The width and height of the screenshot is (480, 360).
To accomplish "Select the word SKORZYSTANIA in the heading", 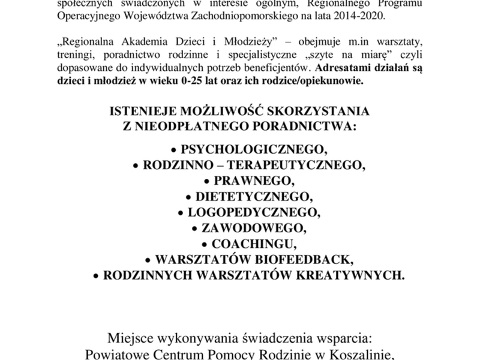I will (x=319, y=112).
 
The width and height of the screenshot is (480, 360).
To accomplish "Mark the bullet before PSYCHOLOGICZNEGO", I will (x=174, y=148).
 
